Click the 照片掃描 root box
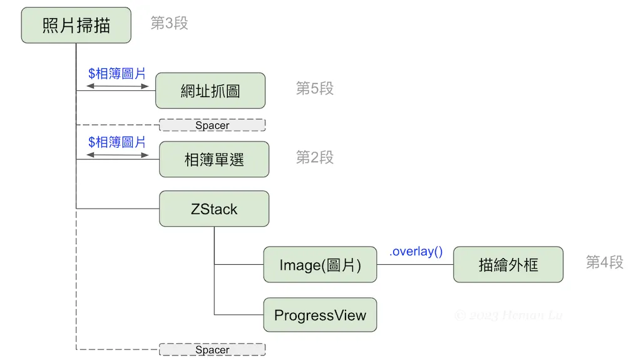[76, 25]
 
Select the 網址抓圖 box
[210, 91]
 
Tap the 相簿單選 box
[214, 159]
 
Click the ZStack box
[214, 208]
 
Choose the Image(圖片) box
[320, 265]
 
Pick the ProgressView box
[320, 315]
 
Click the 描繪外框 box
[508, 265]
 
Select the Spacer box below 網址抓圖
[212, 125]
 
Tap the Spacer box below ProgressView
[212, 349]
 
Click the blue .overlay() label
[416, 252]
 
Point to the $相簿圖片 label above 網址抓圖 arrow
[117, 74]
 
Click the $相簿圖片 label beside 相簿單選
[117, 143]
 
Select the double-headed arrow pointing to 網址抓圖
[118, 86]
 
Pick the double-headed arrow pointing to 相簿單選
[118, 155]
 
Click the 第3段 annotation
[169, 24]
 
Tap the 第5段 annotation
[315, 89]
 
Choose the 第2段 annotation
[315, 158]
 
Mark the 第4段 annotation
[605, 262]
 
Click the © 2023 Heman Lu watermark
[508, 315]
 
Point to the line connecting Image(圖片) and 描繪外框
[415, 264]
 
